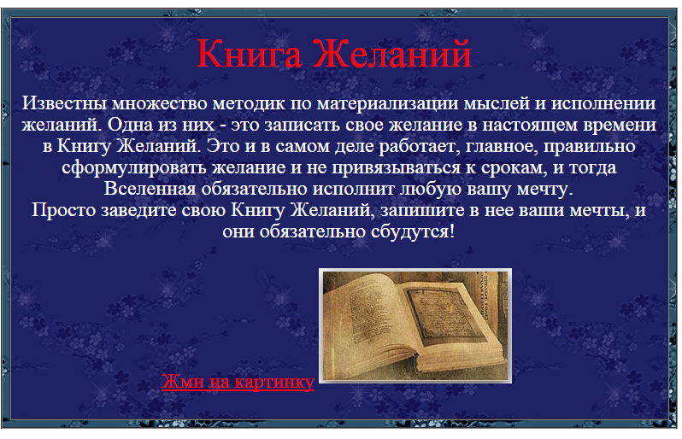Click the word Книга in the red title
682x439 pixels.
tap(250, 55)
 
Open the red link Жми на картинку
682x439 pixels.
tap(238, 382)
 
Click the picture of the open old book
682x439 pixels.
tap(415, 326)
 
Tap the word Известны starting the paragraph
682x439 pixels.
tap(65, 103)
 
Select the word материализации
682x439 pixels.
tap(387, 104)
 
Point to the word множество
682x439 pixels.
tap(160, 104)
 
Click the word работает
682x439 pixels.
tap(420, 147)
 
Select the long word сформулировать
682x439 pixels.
tap(134, 168)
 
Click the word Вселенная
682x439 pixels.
tap(150, 189)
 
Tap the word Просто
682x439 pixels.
tap(63, 211)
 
